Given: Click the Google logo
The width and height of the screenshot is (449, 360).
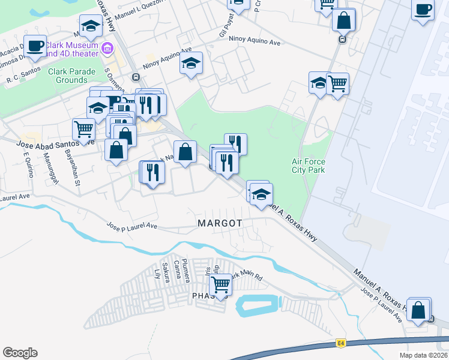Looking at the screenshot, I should [x=20, y=353].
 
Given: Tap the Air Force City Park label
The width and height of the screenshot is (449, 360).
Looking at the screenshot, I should [x=308, y=166].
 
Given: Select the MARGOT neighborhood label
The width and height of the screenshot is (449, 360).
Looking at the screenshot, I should [x=220, y=223].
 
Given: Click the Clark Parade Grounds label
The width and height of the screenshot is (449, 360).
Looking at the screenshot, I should [x=68, y=76].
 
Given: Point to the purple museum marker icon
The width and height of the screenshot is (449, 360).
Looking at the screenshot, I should [x=107, y=48].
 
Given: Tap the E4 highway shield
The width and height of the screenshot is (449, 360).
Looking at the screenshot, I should [x=341, y=343].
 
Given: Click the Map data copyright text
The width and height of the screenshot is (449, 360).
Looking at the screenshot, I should [x=423, y=355].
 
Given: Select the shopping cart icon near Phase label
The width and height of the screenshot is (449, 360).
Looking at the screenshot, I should [x=221, y=284].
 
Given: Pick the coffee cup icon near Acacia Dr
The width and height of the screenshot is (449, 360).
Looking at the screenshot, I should [x=35, y=46].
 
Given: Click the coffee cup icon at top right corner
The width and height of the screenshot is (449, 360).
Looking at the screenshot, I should [x=423, y=10].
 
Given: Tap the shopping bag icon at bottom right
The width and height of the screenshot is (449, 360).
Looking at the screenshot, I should [x=418, y=310].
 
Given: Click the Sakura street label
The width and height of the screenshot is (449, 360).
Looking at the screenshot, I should [x=166, y=272].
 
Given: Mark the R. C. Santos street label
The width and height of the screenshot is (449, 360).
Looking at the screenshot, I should [x=22, y=79].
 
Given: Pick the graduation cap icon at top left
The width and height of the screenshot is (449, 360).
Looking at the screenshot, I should [x=91, y=26].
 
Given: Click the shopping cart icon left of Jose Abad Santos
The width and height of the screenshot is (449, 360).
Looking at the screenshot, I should [x=83, y=128].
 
